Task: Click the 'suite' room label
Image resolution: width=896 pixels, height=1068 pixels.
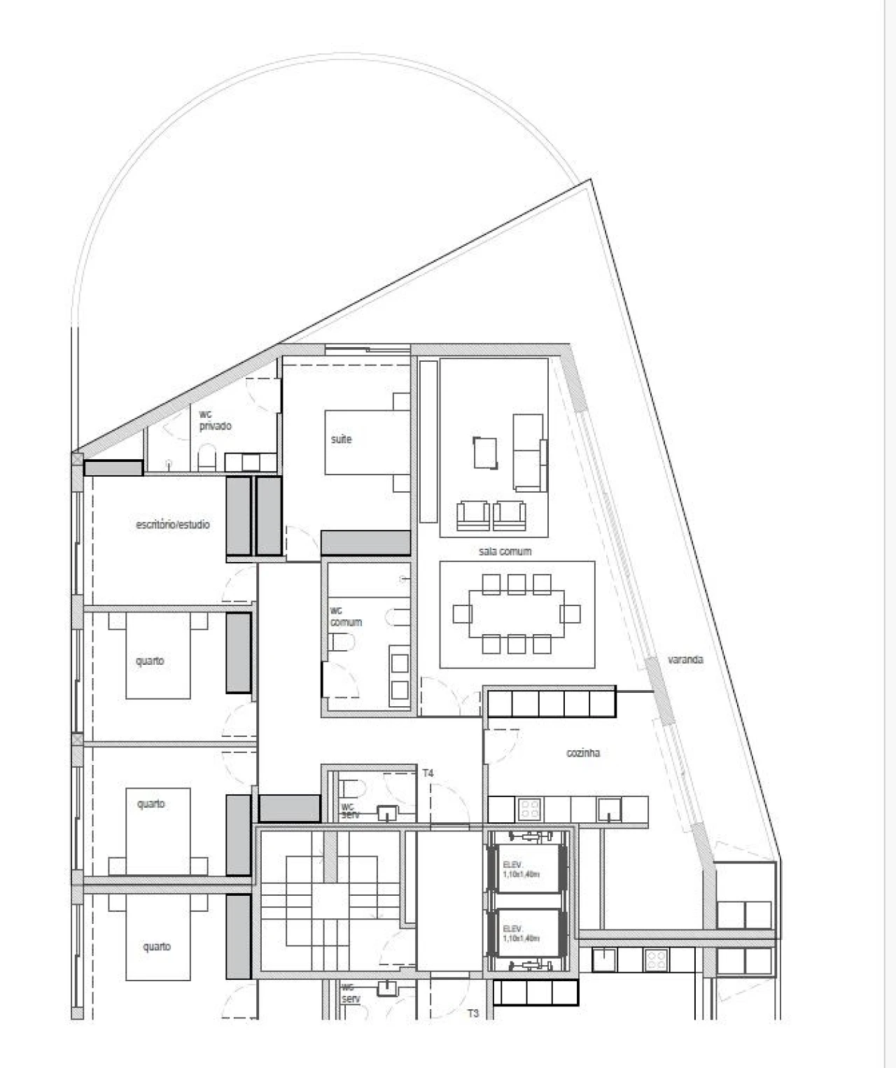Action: pos(341,440)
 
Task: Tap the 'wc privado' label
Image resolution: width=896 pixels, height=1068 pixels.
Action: pos(214,421)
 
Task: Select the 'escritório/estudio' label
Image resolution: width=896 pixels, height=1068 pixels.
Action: pos(172,524)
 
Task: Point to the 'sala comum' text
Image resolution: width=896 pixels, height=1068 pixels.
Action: pos(505,551)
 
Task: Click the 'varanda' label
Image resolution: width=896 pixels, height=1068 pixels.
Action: pos(685,659)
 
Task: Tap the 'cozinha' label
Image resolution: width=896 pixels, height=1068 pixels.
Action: pos(582,753)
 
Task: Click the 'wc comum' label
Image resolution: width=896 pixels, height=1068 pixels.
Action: pos(346,617)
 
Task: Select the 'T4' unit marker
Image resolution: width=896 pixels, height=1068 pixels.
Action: pos(428,773)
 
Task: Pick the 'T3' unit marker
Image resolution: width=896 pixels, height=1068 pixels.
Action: pos(473,1013)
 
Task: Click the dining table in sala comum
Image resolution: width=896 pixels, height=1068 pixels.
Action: pos(517,614)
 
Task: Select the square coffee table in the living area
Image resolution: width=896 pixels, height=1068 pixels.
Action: pos(486,452)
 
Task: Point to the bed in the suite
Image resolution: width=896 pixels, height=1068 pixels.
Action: pos(367,442)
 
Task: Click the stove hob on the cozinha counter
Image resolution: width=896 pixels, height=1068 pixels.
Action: pos(530,809)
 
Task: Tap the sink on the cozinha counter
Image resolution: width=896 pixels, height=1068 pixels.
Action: pos(608,809)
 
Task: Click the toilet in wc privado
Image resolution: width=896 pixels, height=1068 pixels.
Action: pos(207,461)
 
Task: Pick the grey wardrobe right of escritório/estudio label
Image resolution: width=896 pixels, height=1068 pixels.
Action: pos(238,517)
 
